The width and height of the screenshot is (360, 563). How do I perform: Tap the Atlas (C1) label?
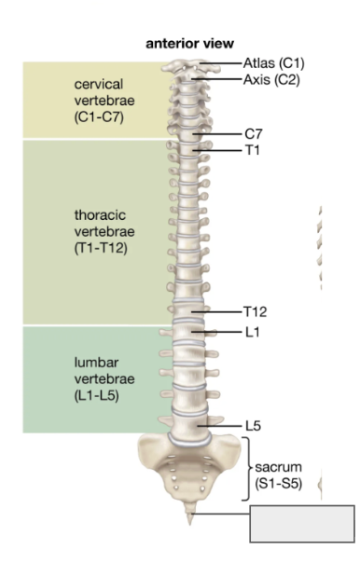coord(273,62)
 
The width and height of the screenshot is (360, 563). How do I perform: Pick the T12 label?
coord(254,311)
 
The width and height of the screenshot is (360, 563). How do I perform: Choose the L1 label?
coord(251,330)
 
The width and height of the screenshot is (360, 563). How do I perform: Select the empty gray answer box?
coord(302,523)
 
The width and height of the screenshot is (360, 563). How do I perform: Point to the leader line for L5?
coord(222,426)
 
